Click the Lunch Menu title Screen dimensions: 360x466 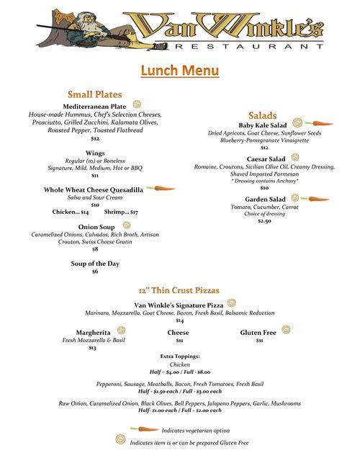(x=179, y=71)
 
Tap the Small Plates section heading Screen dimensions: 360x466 (x=94, y=94)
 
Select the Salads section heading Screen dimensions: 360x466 (x=263, y=115)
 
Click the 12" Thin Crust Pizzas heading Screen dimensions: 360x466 (x=179, y=290)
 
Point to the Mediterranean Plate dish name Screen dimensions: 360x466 (x=94, y=107)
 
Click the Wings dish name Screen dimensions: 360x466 (x=95, y=153)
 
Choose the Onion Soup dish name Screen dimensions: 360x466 (x=94, y=226)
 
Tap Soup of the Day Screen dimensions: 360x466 (x=95, y=264)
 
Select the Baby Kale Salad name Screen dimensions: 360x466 (x=262, y=125)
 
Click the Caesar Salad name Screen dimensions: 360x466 (x=266, y=158)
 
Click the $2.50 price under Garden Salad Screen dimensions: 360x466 (x=264, y=221)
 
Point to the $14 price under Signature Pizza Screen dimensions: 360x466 (x=179, y=321)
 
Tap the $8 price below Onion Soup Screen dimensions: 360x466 (x=95, y=248)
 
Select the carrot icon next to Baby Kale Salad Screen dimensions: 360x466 (x=323, y=124)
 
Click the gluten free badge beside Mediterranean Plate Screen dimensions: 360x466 (x=137, y=105)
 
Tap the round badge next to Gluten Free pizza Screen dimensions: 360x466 (x=286, y=330)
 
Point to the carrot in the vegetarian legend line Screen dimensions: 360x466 (x=143, y=429)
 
